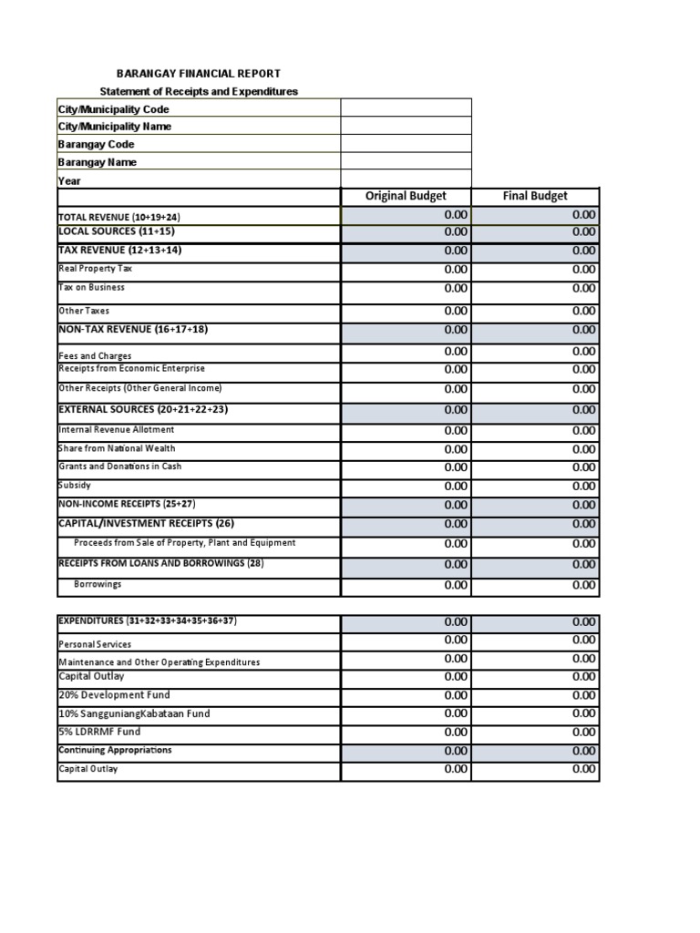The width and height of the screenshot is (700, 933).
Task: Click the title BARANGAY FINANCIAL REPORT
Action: [199, 73]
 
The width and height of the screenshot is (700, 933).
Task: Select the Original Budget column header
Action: [406, 196]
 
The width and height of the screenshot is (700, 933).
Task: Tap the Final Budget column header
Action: [535, 196]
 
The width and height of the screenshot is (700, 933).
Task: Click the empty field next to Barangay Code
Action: [406, 144]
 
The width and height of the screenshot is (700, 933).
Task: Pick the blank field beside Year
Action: [406, 179]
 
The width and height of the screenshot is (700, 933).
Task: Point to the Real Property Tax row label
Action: [97, 269]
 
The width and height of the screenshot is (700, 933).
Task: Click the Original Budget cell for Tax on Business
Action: [406, 288]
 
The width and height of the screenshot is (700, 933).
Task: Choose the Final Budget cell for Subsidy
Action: [535, 486]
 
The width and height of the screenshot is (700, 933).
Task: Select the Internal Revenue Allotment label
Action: [117, 430]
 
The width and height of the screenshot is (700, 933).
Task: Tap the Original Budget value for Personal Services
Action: [406, 641]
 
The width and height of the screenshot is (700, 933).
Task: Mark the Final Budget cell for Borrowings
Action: [535, 585]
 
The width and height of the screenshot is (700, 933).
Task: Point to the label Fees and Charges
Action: [95, 355]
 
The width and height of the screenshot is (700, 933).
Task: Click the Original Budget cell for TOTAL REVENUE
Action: [406, 215]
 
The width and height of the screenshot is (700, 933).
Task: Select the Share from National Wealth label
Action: [117, 448]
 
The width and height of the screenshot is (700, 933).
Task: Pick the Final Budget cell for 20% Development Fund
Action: [535, 695]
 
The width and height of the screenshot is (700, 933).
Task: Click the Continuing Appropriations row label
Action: [115, 750]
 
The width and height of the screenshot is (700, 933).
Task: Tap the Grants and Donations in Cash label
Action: [119, 466]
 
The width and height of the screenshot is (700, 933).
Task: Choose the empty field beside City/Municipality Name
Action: [406, 127]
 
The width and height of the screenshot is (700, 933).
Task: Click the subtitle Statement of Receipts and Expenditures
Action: [199, 91]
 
